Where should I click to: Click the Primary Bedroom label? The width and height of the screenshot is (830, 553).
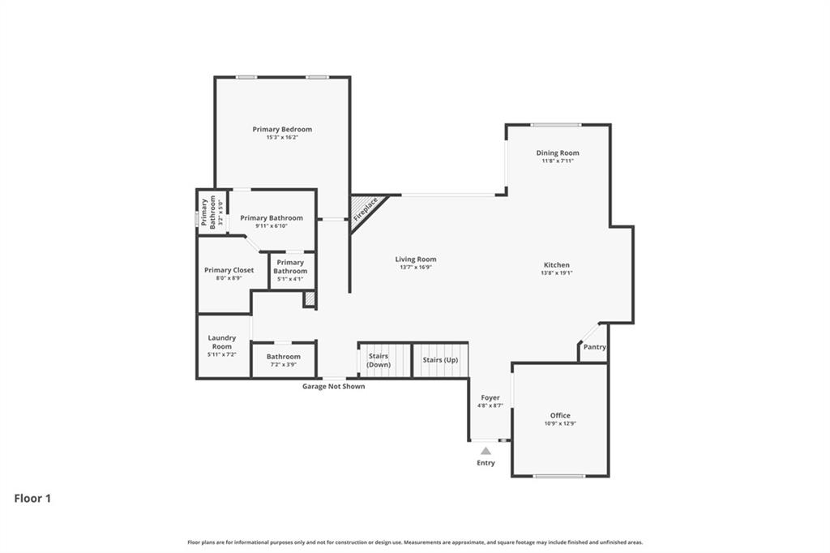pos(282,129)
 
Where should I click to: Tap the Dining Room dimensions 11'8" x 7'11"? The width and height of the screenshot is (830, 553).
pos(558,161)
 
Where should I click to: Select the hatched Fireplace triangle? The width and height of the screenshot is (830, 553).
pos(366,210)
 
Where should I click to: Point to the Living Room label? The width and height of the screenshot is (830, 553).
pos(416,259)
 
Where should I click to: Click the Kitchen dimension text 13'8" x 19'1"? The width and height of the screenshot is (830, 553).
pos(556,272)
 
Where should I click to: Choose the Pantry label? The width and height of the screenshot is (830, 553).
pos(594,347)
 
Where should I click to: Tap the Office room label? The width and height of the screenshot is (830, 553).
pos(560,415)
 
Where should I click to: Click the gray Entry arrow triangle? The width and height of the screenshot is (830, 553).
pos(486,451)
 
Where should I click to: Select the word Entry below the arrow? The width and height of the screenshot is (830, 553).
pos(486,462)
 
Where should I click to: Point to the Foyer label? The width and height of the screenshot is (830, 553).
pos(490,397)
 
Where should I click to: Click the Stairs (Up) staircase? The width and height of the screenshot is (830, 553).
pos(440,360)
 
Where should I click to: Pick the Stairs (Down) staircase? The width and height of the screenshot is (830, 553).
pos(385,360)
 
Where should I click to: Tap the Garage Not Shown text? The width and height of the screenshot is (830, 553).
pos(333,386)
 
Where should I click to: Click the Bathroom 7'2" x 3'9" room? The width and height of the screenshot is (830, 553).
pos(283,360)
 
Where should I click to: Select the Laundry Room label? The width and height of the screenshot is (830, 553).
pos(222,341)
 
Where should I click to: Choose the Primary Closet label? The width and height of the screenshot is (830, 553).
pos(229,270)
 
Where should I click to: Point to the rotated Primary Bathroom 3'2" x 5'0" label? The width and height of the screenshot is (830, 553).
pos(208,212)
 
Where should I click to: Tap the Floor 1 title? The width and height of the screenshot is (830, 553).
pos(32,499)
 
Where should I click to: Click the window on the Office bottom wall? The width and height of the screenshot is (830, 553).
pos(559,476)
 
